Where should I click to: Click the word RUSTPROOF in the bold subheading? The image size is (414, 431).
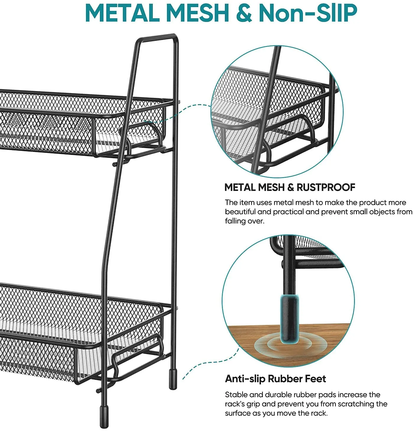[x=326, y=187]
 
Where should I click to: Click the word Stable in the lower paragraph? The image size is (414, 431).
[x=236, y=395]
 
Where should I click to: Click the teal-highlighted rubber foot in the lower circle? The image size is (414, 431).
[x=289, y=319]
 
